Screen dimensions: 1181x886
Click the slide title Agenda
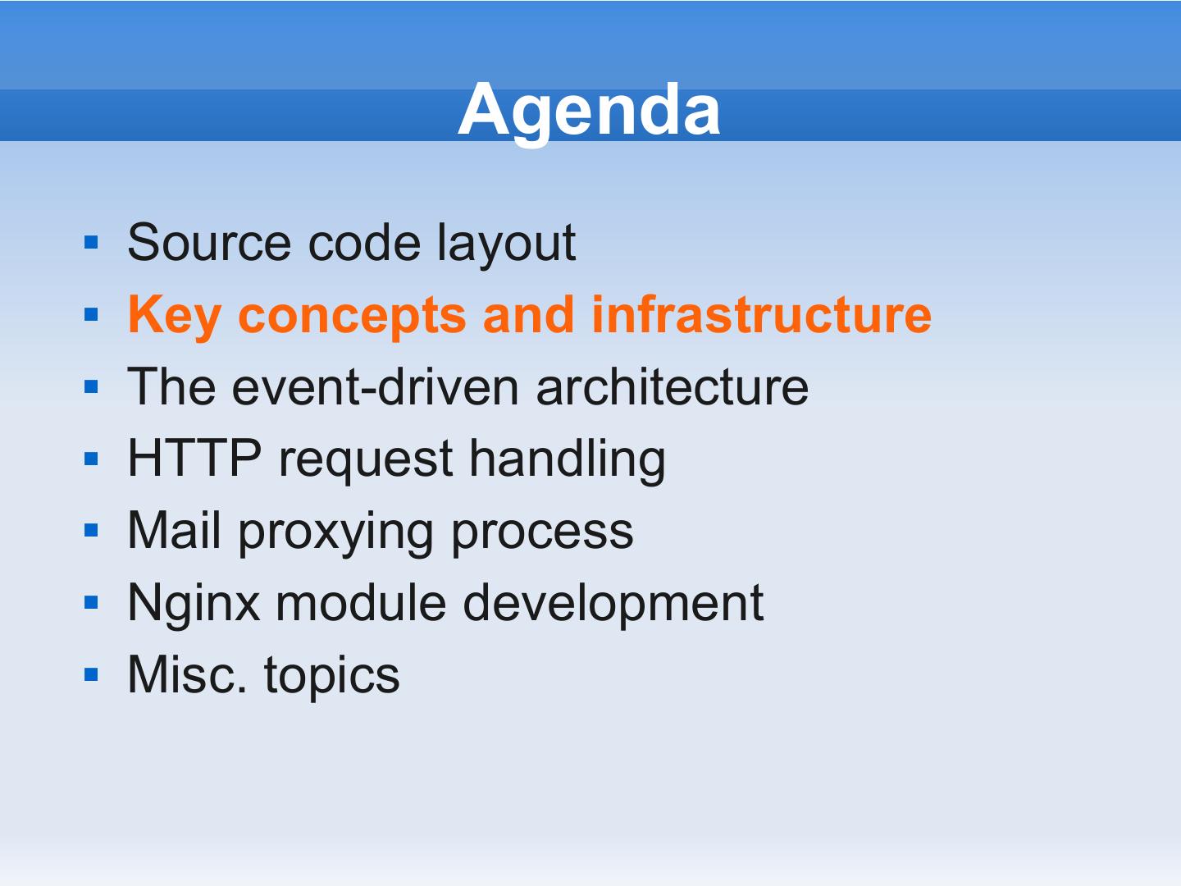[589, 112]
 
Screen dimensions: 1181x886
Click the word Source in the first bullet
[209, 243]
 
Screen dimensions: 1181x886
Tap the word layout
[506, 245]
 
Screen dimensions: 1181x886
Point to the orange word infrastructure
[761, 314]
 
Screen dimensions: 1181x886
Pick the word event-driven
[375, 386]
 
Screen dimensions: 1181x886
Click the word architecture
[672, 386]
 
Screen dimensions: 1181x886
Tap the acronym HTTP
[194, 459]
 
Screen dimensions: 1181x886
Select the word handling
[568, 461]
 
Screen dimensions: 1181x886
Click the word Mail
[175, 530]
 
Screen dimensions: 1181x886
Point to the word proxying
[335, 533]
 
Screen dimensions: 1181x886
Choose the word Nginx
[194, 605]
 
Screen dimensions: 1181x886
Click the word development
[613, 605]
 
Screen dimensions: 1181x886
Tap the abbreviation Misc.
[187, 674]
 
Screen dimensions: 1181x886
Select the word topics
[332, 678]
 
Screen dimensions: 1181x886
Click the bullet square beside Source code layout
[92, 243]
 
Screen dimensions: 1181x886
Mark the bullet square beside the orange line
[92, 314]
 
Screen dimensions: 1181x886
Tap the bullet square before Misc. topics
[92, 674]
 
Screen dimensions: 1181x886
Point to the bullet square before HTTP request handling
[92, 459]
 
